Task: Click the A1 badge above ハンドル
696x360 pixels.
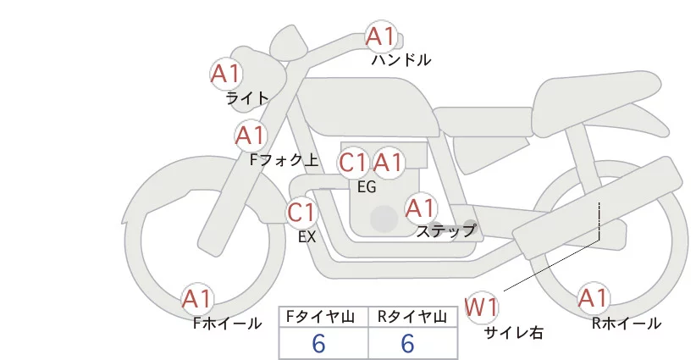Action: (380, 36)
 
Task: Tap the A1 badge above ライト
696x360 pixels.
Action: (226, 74)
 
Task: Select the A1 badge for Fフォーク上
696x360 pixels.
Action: (251, 136)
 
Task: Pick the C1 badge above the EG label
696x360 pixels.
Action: (353, 162)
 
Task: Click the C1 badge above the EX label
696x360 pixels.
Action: (301, 212)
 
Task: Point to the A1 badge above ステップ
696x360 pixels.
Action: (421, 208)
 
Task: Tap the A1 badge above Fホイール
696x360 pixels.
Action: (198, 299)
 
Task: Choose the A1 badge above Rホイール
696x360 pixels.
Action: (593, 298)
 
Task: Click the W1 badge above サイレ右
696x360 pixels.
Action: (482, 306)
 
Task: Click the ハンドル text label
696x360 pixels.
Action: (401, 60)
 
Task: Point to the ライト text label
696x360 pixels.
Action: (247, 98)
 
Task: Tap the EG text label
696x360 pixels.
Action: (367, 187)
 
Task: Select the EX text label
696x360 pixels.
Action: (307, 237)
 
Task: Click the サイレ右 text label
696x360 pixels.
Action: (513, 333)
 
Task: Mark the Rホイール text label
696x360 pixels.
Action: (627, 323)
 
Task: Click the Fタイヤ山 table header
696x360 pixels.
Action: (323, 317)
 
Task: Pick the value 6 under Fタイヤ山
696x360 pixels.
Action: (318, 344)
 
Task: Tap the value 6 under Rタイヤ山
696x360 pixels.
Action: (407, 344)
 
